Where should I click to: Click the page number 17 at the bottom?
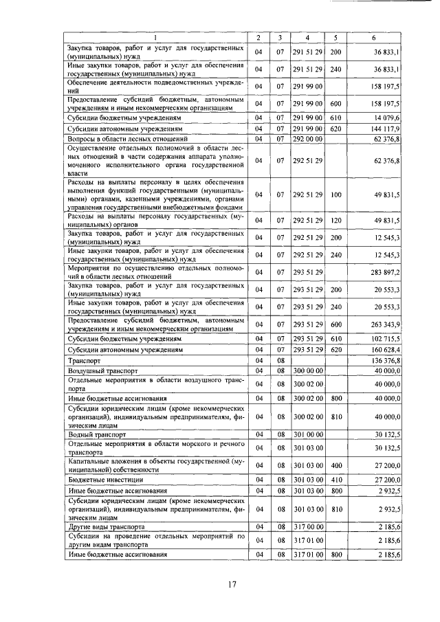point(232,584)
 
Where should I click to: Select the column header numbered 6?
point(373,37)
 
